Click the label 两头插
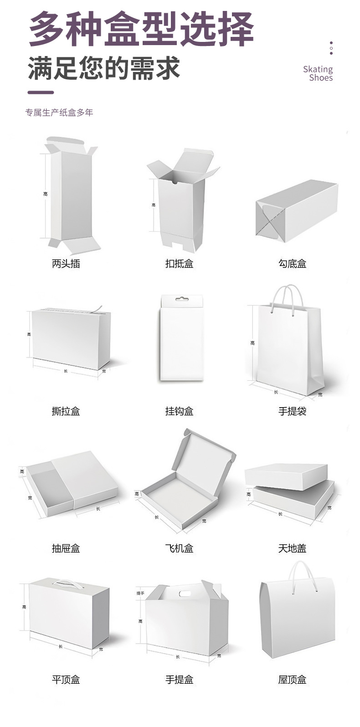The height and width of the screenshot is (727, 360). [66, 263]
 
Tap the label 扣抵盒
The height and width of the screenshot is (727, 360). [179, 263]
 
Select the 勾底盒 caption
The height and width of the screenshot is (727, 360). [292, 263]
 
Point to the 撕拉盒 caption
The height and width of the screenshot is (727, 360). [66, 411]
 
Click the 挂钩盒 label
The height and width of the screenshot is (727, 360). [179, 411]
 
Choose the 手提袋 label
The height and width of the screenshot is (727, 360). [292, 411]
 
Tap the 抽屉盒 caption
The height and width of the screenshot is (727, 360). [66, 548]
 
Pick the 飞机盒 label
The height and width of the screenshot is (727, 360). [179, 548]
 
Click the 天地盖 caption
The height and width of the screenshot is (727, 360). [292, 548]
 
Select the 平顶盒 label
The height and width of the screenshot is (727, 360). [66, 680]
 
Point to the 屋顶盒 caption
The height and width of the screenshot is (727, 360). [292, 680]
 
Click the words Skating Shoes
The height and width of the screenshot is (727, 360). [318, 73]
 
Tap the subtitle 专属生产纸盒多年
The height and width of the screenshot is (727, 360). [59, 113]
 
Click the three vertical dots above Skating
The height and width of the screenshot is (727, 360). [331, 48]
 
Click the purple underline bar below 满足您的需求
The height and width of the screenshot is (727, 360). [41, 92]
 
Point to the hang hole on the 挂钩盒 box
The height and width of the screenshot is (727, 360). [182, 299]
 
